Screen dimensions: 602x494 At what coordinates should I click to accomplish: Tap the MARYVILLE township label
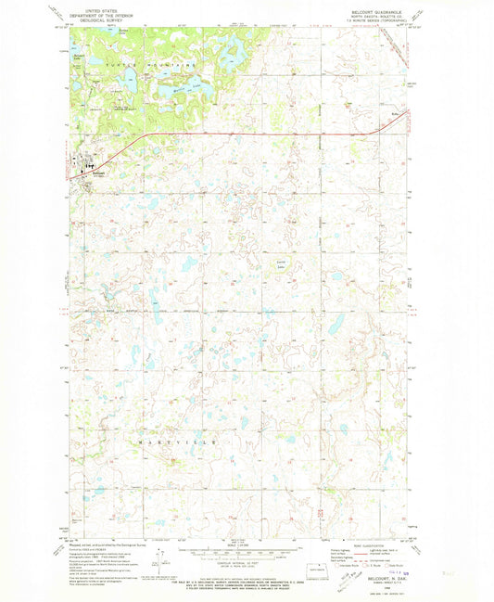click(175, 444)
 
